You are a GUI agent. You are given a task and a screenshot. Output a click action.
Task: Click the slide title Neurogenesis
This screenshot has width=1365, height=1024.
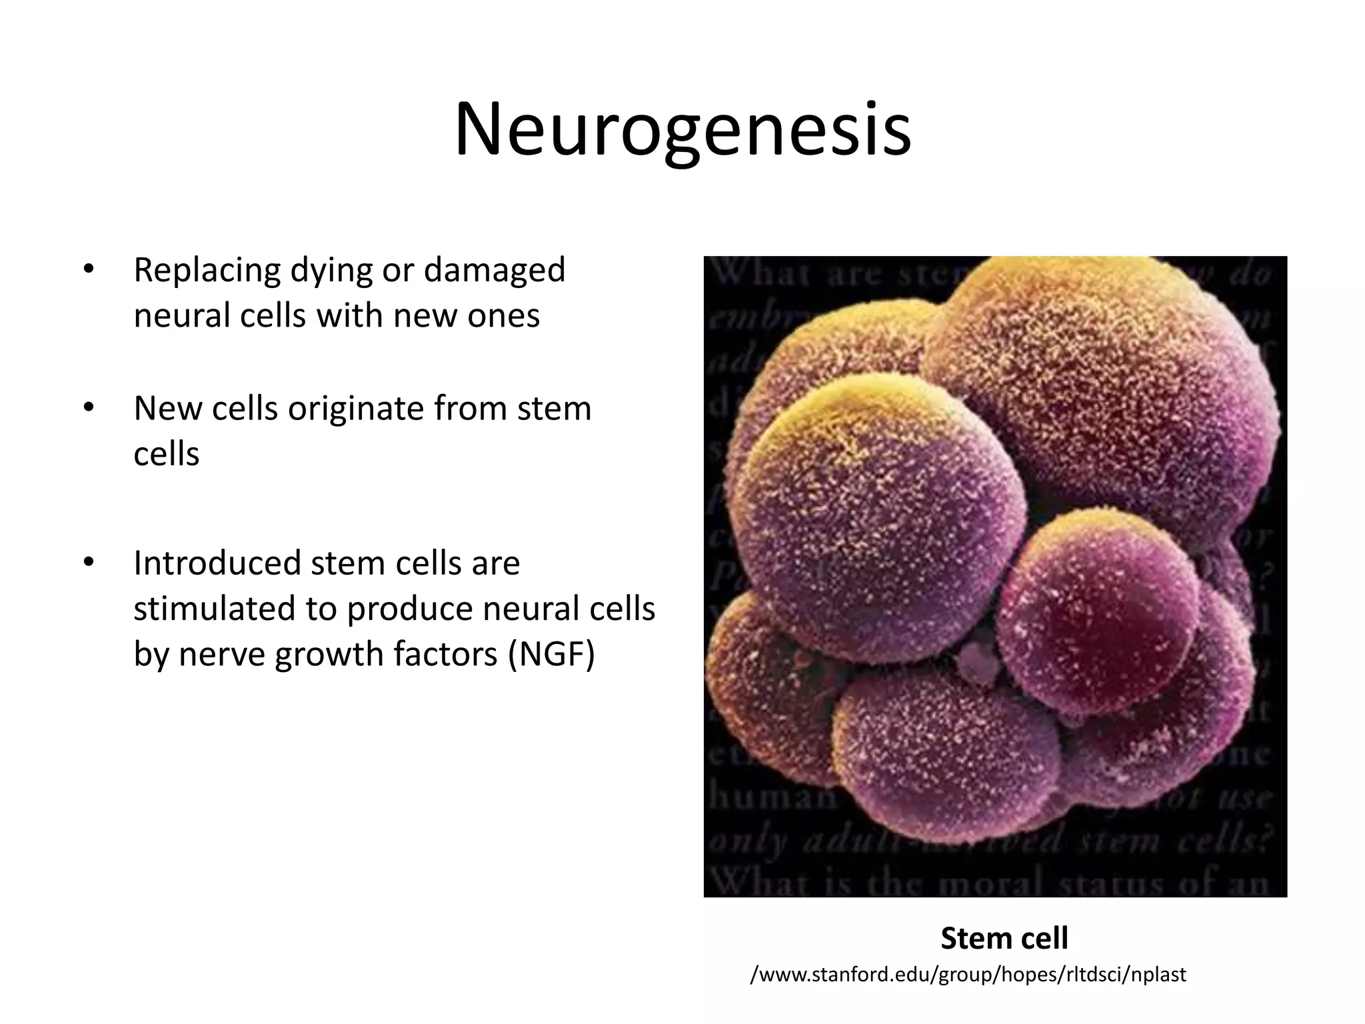(x=682, y=129)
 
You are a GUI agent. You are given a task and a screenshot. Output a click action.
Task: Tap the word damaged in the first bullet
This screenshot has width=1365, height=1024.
(x=494, y=270)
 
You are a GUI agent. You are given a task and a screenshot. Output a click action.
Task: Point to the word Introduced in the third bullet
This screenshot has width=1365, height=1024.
(x=217, y=563)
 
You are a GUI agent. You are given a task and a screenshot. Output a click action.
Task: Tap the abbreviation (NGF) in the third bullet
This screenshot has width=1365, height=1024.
(x=551, y=653)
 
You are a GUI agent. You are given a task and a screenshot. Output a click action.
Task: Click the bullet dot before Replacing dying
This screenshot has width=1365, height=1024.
(x=87, y=270)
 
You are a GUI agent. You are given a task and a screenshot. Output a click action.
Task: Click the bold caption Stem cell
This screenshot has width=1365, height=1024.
(x=1004, y=938)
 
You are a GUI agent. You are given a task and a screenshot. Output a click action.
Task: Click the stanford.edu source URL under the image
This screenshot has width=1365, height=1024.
(x=968, y=974)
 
